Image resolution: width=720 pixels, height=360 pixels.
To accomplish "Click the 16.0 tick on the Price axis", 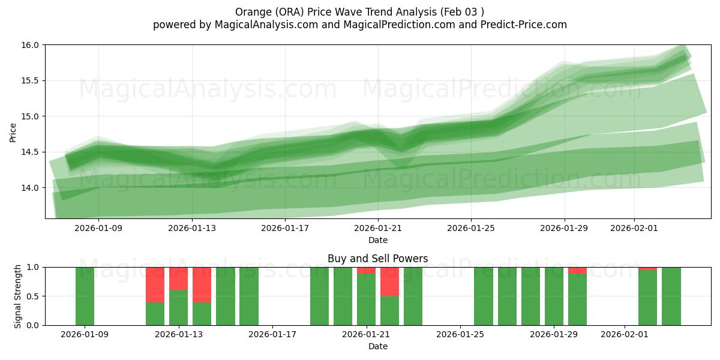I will tap(31, 45).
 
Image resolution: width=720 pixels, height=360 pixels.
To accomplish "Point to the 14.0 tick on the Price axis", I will tap(31, 188).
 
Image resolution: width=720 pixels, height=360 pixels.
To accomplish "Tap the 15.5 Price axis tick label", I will tap(31, 80).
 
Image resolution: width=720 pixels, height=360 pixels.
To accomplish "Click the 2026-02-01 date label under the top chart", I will tap(634, 228).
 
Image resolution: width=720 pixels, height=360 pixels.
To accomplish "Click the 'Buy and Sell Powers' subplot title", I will tap(377, 259).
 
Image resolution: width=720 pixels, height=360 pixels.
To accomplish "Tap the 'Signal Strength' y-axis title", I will tap(18, 296).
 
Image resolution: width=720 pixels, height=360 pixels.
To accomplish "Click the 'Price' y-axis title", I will tap(13, 132).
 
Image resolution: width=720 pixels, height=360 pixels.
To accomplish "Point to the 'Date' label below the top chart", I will tap(377, 240).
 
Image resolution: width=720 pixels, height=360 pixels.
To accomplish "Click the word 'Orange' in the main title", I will tap(252, 12).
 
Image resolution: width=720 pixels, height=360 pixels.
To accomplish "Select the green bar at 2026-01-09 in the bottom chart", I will tap(85, 296).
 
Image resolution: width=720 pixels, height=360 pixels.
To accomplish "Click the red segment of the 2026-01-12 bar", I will tap(155, 284).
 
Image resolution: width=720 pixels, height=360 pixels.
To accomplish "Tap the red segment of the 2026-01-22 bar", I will tap(389, 281).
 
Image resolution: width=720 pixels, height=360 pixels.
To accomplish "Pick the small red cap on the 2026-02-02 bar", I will tap(647, 268).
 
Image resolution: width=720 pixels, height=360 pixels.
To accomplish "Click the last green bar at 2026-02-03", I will tap(671, 296).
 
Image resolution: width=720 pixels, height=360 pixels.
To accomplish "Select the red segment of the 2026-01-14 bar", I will tap(202, 284).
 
